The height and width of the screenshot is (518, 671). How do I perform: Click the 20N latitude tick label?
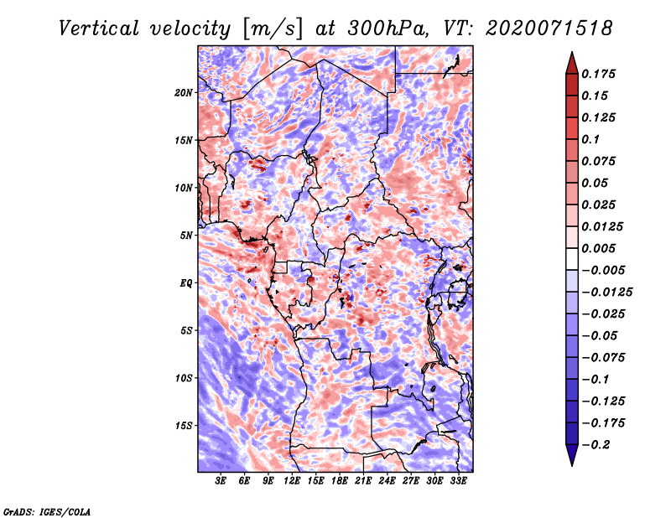(184, 92)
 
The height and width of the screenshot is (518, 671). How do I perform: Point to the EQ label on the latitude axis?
(185, 282)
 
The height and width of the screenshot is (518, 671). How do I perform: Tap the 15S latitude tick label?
(184, 426)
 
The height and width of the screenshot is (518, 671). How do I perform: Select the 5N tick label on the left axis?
(186, 236)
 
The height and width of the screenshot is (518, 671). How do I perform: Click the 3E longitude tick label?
(221, 481)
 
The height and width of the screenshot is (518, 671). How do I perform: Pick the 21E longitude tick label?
(363, 481)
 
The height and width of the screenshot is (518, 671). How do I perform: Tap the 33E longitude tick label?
(458, 481)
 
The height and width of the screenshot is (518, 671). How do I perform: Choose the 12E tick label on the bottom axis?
(291, 481)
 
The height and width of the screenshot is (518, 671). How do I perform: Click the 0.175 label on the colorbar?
(598, 74)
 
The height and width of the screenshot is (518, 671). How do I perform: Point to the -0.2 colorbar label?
(596, 445)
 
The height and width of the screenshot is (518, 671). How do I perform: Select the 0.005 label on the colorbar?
(598, 248)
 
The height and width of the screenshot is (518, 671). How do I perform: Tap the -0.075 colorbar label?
(603, 358)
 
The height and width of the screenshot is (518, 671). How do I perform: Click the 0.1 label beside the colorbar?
(590, 139)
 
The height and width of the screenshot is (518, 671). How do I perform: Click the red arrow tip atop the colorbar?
(572, 52)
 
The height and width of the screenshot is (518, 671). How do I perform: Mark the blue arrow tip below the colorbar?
(572, 465)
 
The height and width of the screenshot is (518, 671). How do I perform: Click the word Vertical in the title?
(99, 28)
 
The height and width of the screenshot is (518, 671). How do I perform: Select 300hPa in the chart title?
(388, 28)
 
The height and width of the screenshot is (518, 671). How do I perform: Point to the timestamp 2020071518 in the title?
(549, 28)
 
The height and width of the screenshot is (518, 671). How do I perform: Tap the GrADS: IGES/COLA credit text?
(47, 511)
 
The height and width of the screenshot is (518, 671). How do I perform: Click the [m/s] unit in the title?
(273, 28)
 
